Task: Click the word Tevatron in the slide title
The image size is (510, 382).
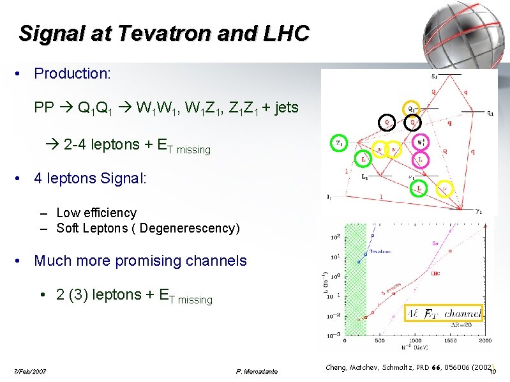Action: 132,33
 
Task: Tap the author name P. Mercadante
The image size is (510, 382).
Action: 257,371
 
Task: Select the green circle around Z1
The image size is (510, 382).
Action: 338,142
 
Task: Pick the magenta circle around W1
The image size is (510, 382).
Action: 419,141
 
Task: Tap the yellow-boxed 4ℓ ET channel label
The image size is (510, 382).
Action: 444,314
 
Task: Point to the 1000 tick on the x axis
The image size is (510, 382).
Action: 414,340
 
